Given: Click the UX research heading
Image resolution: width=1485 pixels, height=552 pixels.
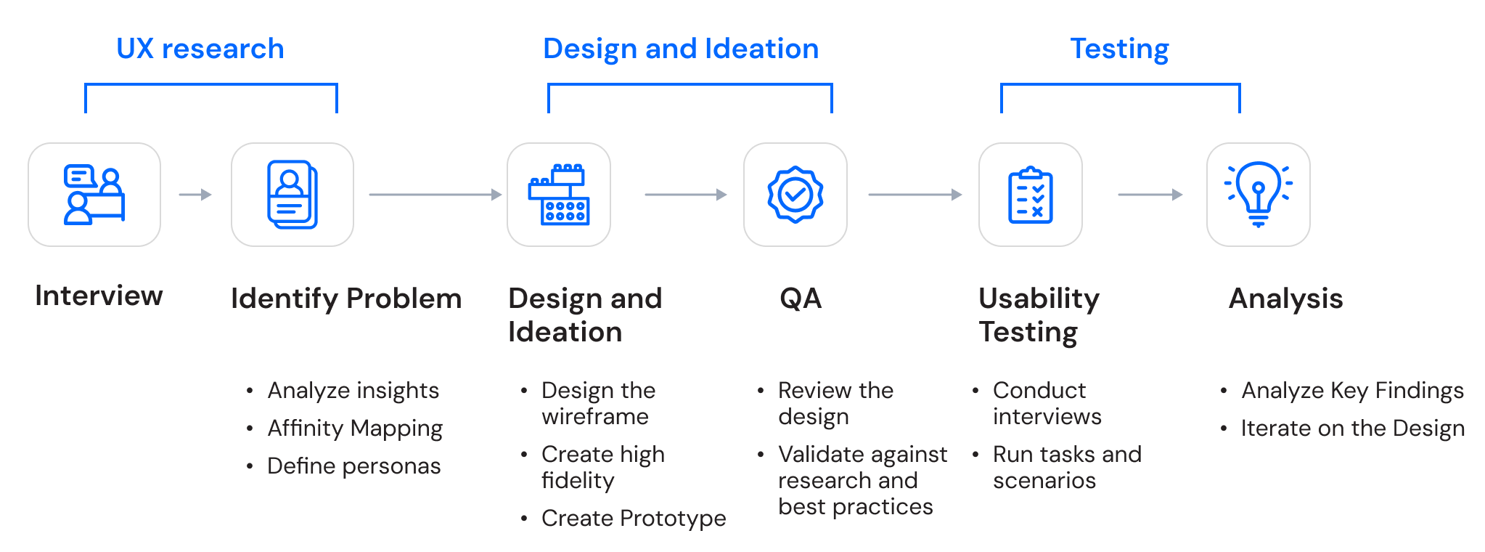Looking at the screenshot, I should [x=200, y=49].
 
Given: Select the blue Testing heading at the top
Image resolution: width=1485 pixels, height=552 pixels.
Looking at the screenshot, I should [x=1119, y=49].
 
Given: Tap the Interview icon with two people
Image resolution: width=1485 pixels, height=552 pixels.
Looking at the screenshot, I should [x=94, y=195].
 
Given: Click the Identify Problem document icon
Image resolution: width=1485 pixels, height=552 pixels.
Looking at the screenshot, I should [x=292, y=195].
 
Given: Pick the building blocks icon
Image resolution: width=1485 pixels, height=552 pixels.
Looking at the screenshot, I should [x=559, y=195].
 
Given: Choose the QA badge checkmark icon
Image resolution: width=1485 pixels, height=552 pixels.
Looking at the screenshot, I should [x=795, y=195].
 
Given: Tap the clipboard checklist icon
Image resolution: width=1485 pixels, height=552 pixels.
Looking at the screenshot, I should [x=1031, y=195].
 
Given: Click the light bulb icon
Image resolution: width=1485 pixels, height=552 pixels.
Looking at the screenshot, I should [x=1259, y=195].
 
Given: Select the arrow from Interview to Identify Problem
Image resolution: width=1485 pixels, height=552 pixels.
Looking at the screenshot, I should [x=195, y=195].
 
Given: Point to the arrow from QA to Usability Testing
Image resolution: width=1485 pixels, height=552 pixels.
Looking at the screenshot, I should [x=915, y=195].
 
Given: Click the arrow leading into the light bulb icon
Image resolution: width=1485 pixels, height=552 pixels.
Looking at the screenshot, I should [x=1150, y=195].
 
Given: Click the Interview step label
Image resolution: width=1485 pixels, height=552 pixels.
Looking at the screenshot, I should [x=99, y=296].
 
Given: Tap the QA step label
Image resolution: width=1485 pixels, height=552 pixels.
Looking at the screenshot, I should [x=801, y=299].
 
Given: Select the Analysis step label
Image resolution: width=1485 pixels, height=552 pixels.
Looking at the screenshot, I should [x=1285, y=299].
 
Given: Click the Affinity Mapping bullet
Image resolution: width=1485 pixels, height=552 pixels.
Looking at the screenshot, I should [x=354, y=429].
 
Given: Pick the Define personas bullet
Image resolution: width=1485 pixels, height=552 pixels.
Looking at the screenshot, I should [x=353, y=466].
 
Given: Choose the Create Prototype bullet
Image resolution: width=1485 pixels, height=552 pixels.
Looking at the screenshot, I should [x=633, y=518].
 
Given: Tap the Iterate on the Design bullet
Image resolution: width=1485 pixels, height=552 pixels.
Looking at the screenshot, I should [x=1352, y=429].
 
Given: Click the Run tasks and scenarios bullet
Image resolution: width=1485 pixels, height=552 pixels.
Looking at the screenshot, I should [x=1066, y=467].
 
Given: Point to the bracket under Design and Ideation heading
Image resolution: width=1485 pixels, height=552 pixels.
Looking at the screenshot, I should [x=690, y=85].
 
